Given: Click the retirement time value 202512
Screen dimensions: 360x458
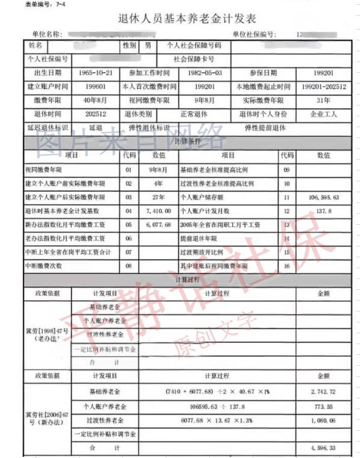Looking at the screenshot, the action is [x=95, y=114].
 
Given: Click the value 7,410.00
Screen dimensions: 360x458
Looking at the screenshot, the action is [x=159, y=212].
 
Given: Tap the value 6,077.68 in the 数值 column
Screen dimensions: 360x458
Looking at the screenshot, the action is [x=159, y=225].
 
